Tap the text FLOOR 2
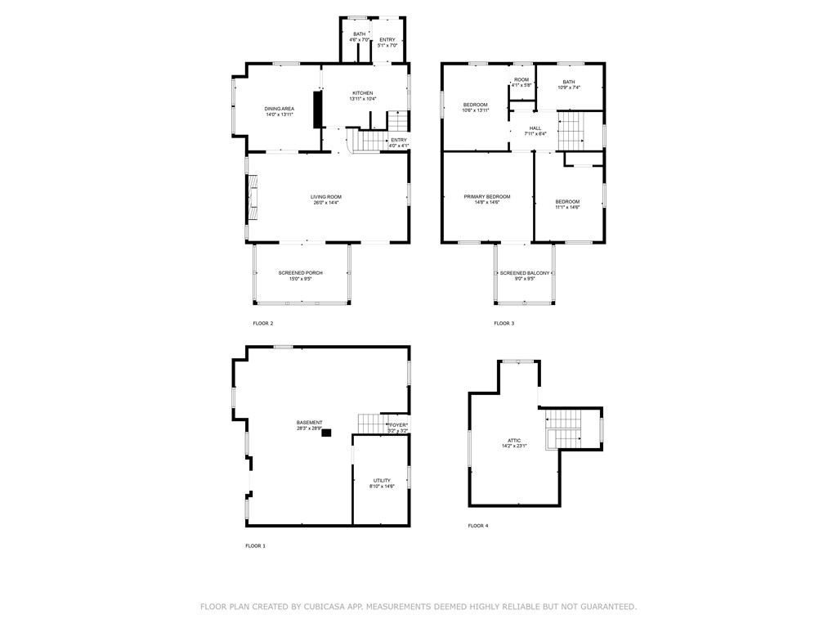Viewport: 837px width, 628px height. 262,324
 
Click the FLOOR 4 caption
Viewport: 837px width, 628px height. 477,526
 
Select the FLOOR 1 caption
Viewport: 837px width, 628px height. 255,545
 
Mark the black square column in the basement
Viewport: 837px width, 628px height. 326,433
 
